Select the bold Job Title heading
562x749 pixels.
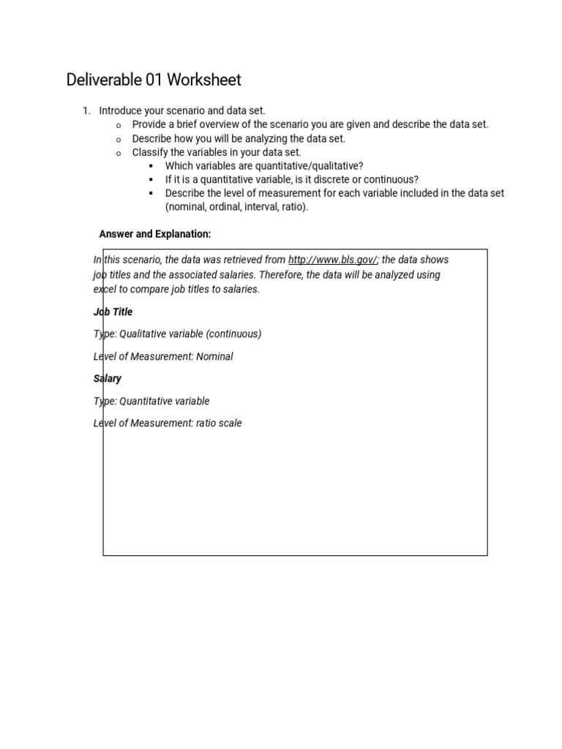113,312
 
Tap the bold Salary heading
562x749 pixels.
108,378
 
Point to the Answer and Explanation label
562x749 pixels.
155,234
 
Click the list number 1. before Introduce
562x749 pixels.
86,110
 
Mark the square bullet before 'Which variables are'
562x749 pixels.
150,166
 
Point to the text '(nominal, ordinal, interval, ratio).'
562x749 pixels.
236,207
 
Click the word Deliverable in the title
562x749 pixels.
101,80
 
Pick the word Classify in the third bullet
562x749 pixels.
149,152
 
